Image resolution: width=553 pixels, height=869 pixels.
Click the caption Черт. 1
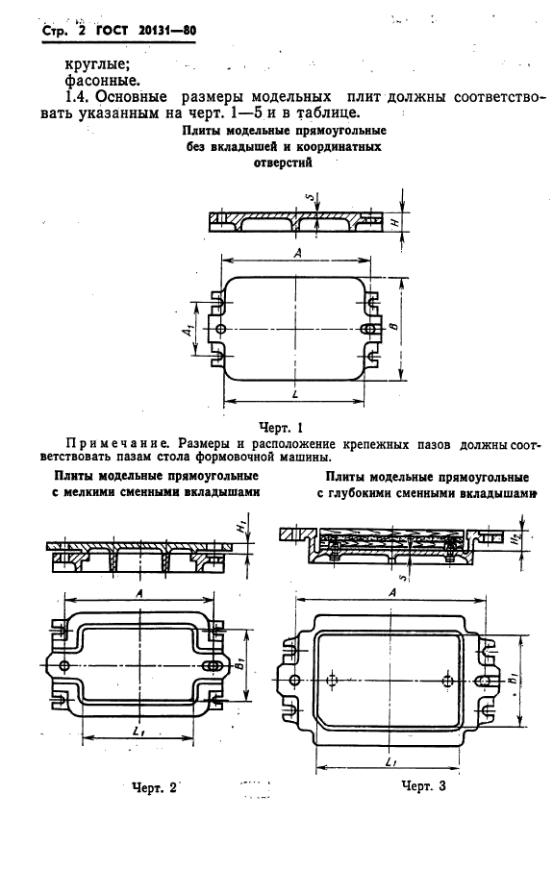(x=281, y=427)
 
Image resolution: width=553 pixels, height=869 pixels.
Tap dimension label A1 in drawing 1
(x=189, y=330)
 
